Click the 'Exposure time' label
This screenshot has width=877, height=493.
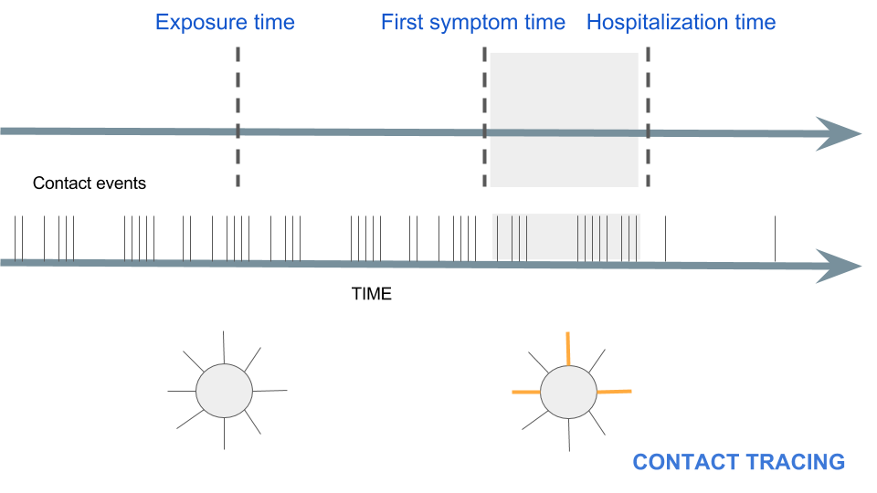(225, 23)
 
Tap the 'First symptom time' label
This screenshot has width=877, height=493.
(473, 23)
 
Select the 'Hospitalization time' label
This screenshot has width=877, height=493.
(681, 23)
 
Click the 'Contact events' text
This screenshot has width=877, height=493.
(90, 184)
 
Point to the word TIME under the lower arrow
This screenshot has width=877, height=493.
(372, 294)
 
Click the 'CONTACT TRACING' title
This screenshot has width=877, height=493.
(738, 462)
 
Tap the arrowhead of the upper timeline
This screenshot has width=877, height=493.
(838, 133)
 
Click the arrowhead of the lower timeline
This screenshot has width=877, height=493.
(838, 265)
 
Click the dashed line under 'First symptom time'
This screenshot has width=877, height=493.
(483, 91)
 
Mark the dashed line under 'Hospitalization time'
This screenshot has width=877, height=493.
(648, 91)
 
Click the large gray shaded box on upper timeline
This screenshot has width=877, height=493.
(564, 100)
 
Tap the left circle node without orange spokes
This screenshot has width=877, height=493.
(224, 391)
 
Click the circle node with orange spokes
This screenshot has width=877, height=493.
(568, 393)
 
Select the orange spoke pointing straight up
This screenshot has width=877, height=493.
(568, 348)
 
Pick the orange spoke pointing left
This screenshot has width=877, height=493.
(526, 393)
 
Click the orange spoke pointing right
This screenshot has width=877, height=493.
(613, 392)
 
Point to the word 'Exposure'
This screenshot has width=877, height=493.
(195, 23)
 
